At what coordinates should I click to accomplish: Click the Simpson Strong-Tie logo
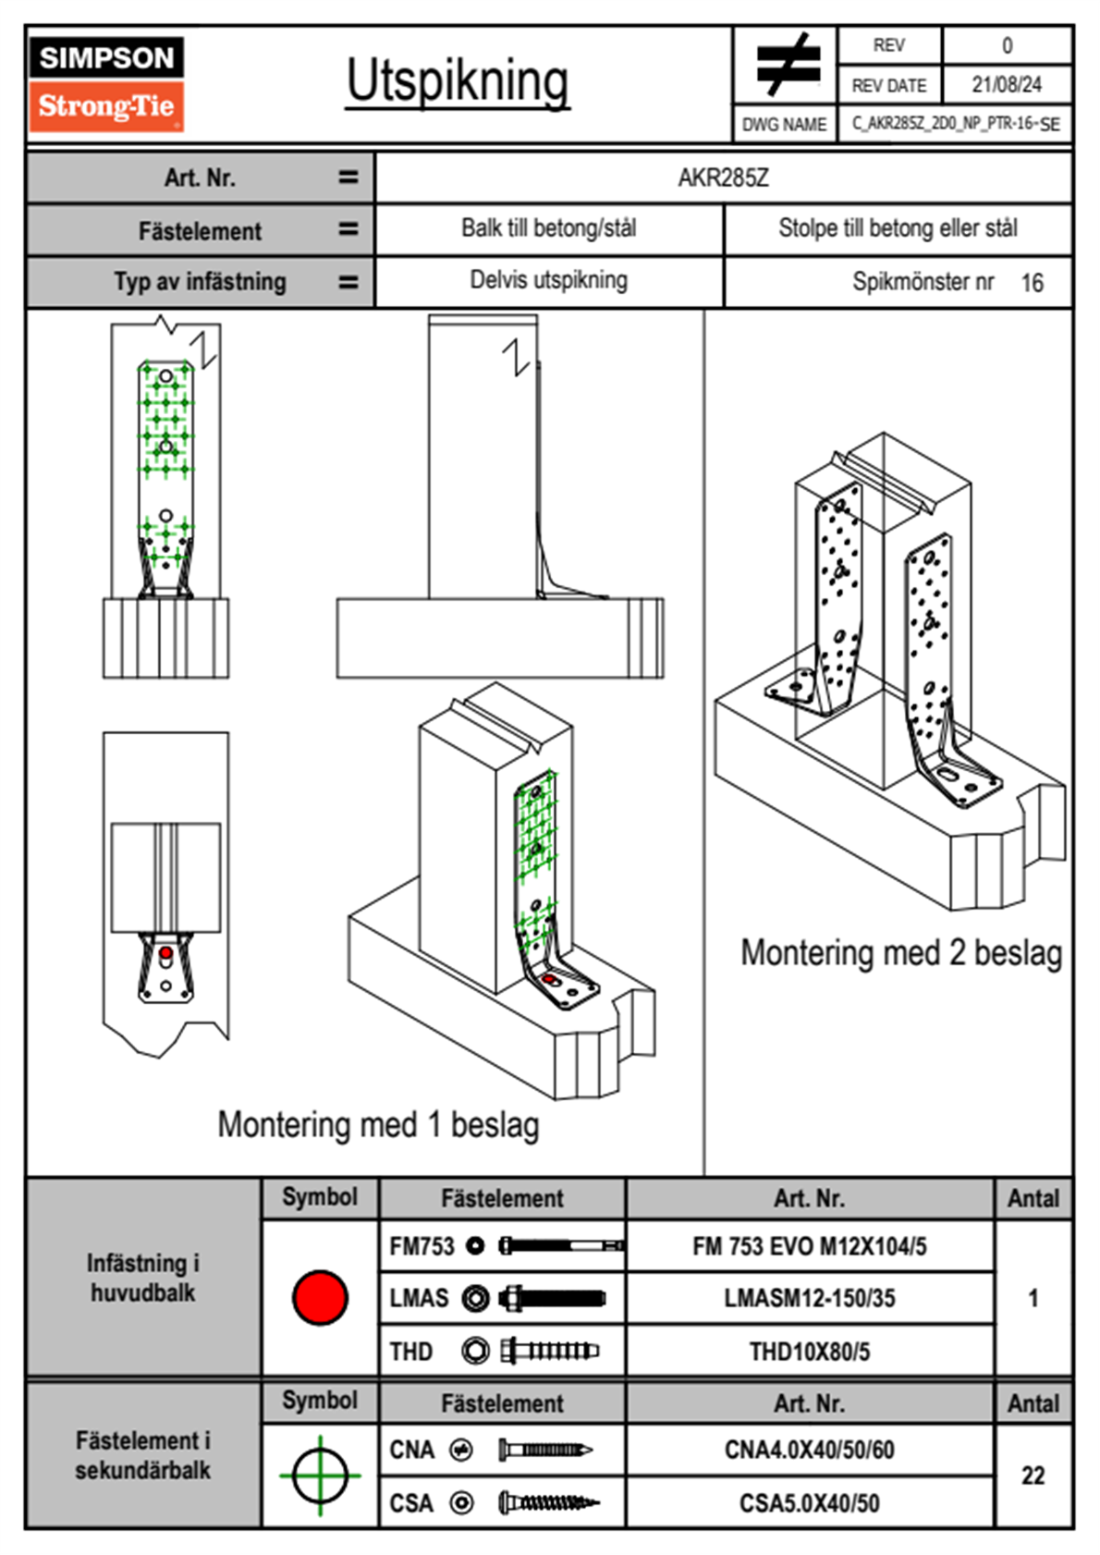pos(105,83)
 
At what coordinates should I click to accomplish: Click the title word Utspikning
pos(458,81)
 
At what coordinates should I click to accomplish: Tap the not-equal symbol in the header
pos(786,64)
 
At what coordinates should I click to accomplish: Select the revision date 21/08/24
pos(1006,84)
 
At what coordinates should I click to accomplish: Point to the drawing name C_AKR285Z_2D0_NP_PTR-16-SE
pos(955,124)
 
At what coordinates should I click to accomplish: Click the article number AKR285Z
pos(723,178)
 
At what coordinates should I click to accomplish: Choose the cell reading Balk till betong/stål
pos(548,228)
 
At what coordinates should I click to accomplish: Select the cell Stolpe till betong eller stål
pos(898,228)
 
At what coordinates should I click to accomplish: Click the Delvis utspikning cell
pos(548,280)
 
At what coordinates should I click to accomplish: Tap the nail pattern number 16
pos(1032,283)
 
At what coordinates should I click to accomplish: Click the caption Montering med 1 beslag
pos(378,1125)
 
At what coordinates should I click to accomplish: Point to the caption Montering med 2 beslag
pos(901,953)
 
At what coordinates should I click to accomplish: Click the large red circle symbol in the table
pos(320,1297)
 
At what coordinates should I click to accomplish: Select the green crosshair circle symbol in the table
pos(320,1475)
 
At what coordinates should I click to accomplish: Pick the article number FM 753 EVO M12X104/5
pos(809,1246)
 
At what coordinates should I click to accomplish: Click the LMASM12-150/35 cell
pos(809,1298)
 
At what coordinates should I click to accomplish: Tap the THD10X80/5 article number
pos(809,1352)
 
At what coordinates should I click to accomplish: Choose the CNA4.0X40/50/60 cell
pos(809,1450)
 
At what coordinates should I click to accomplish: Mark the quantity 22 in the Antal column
pos(1033,1475)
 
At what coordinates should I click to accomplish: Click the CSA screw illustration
pos(547,1503)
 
